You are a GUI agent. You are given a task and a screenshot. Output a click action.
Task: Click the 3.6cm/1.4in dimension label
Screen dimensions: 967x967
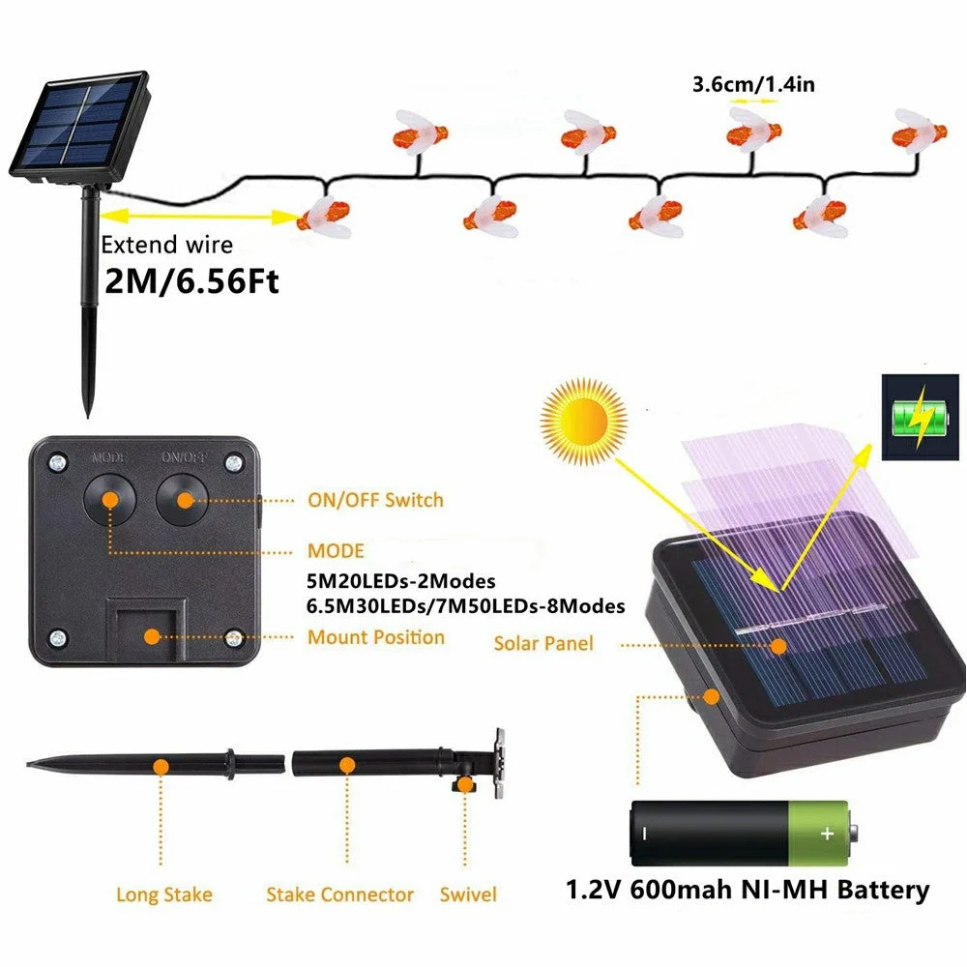(x=753, y=85)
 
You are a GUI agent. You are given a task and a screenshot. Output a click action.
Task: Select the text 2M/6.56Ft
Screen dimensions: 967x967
(x=190, y=282)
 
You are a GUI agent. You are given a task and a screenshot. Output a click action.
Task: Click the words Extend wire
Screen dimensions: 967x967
(x=166, y=246)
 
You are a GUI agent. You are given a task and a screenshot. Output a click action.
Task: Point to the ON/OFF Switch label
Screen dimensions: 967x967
(x=375, y=500)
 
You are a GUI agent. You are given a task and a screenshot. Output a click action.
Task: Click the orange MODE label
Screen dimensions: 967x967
(x=336, y=551)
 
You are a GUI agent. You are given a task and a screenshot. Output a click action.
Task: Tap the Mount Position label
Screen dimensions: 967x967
(x=376, y=637)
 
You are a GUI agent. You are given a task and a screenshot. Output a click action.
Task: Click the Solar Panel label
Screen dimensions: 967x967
(x=542, y=643)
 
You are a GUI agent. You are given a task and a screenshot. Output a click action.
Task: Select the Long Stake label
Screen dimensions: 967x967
(x=164, y=894)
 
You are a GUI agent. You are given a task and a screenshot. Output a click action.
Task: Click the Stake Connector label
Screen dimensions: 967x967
(x=339, y=894)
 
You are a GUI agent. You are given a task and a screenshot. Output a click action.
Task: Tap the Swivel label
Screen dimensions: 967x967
(x=468, y=894)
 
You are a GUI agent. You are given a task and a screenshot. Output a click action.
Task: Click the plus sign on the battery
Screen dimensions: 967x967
(x=826, y=833)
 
